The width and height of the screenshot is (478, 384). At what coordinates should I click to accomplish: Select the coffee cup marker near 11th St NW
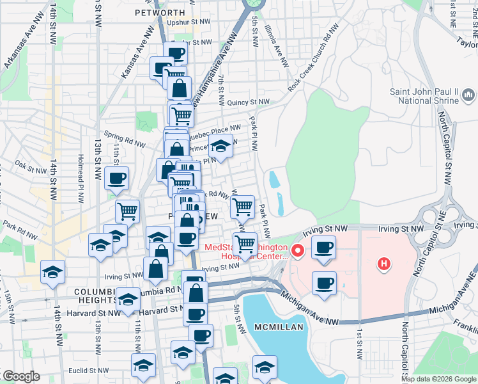click(x=116, y=179)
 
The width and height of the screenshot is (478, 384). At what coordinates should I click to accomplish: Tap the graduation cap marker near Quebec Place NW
click(x=220, y=146)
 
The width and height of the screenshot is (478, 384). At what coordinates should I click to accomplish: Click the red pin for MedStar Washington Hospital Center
click(x=297, y=248)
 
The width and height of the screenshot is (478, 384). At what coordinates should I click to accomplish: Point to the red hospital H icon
click(x=383, y=263)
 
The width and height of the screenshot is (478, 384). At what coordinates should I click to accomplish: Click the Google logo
click(x=21, y=376)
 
